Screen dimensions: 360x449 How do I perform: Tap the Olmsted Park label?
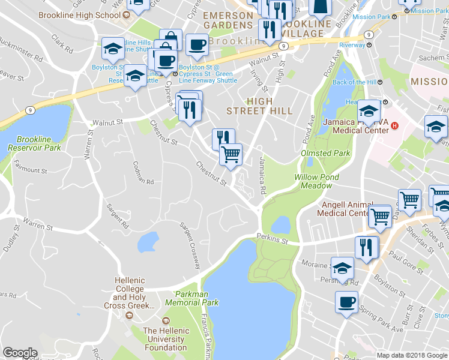[325, 153]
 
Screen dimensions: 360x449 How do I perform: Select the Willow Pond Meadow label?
[316, 181]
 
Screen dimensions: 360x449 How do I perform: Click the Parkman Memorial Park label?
[196, 298]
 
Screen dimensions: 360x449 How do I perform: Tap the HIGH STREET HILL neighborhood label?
[259, 106]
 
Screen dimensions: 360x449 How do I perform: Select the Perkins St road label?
[273, 239]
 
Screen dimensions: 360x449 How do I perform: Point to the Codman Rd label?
[143, 173]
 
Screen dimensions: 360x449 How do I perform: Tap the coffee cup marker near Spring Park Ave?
[346, 302]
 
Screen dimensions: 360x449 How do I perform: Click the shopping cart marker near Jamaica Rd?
[231, 154]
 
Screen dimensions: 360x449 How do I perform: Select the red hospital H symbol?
[395, 125]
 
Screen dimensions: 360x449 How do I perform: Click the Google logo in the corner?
[20, 353]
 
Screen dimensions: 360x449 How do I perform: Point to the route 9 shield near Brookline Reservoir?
[29, 110]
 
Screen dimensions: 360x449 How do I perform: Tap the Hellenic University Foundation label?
[166, 339]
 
